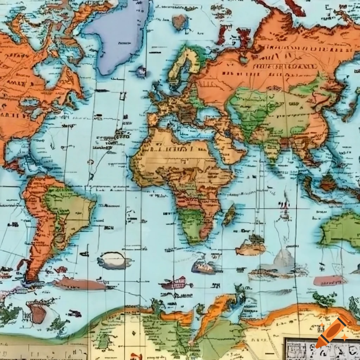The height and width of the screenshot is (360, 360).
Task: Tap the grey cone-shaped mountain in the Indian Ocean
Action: point(283,258)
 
